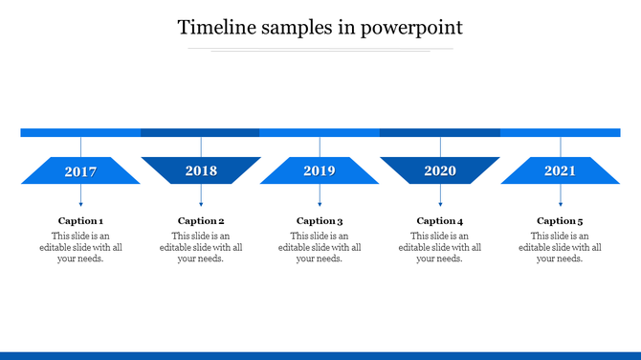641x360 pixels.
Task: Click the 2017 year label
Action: (80, 171)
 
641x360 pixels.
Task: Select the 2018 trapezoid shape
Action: (201, 170)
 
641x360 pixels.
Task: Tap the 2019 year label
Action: (320, 171)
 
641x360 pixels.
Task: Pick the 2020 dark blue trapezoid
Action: (440, 170)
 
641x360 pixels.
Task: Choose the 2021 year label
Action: (561, 171)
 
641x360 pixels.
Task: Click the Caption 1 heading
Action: (80, 221)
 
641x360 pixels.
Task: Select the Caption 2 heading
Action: (201, 221)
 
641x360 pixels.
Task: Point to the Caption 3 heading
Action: (320, 221)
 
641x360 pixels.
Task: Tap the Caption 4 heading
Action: (440, 221)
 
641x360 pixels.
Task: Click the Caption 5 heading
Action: (561, 221)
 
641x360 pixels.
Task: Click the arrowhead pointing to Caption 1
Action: (80, 203)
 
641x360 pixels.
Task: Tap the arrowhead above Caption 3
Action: (320, 203)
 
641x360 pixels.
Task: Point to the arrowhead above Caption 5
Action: (561, 203)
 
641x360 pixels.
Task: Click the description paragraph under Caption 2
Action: (201, 247)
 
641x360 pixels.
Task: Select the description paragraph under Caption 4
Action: (440, 247)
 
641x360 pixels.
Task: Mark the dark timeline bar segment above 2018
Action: (200, 133)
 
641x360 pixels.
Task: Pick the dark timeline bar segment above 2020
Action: (440, 133)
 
